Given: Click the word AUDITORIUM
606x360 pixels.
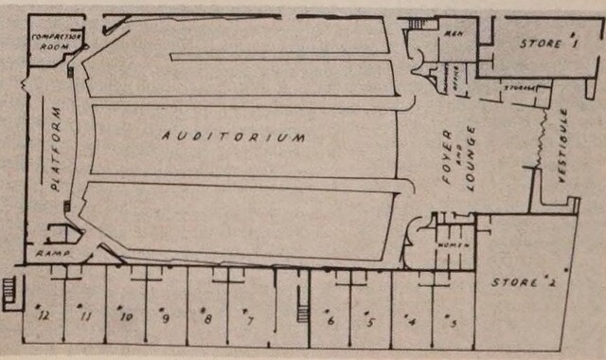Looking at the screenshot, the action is tap(233, 136).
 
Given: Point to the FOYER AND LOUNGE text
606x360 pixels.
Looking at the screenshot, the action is tap(461, 152).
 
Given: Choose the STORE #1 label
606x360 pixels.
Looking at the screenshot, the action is tap(546, 44).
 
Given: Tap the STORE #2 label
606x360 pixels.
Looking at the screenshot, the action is tap(518, 281).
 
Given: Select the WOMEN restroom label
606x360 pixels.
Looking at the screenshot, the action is tap(449, 245).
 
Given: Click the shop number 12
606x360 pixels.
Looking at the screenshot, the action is tap(42, 315).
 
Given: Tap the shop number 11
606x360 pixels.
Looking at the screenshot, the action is tap(86, 316).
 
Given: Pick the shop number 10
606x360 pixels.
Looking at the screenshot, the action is tap(124, 316).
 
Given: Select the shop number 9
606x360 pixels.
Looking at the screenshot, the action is tap(165, 317).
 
